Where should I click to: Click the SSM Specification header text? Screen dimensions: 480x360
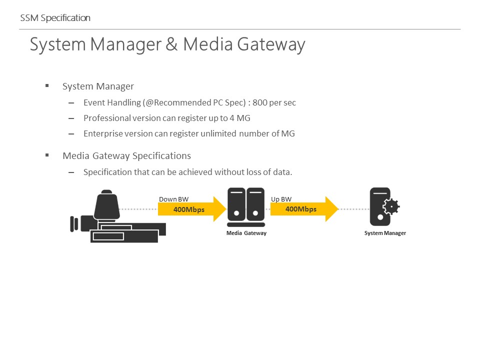tap(55, 18)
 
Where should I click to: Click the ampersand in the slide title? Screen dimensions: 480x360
tap(171, 44)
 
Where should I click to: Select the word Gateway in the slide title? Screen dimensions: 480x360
tap(271, 45)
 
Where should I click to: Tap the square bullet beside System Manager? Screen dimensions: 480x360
tap(47, 85)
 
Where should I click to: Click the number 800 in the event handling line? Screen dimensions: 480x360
tap(260, 102)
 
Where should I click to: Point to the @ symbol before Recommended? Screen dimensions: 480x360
tap(149, 102)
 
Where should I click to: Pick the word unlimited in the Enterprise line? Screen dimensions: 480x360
tap(218, 133)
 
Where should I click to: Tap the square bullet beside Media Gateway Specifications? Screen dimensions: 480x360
tap(47, 155)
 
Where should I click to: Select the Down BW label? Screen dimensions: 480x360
tap(173, 199)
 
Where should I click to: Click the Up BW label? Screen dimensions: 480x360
tap(281, 199)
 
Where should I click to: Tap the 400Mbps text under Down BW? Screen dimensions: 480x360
tap(189, 209)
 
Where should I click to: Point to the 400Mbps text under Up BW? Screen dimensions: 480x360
tap(301, 209)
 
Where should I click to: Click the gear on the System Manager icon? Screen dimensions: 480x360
tap(391, 206)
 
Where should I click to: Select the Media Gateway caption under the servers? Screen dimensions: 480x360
tap(246, 233)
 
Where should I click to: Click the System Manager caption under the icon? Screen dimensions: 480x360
tap(385, 233)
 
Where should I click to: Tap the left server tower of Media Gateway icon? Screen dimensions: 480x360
tap(236, 204)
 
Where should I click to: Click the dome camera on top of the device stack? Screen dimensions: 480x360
tap(106, 204)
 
